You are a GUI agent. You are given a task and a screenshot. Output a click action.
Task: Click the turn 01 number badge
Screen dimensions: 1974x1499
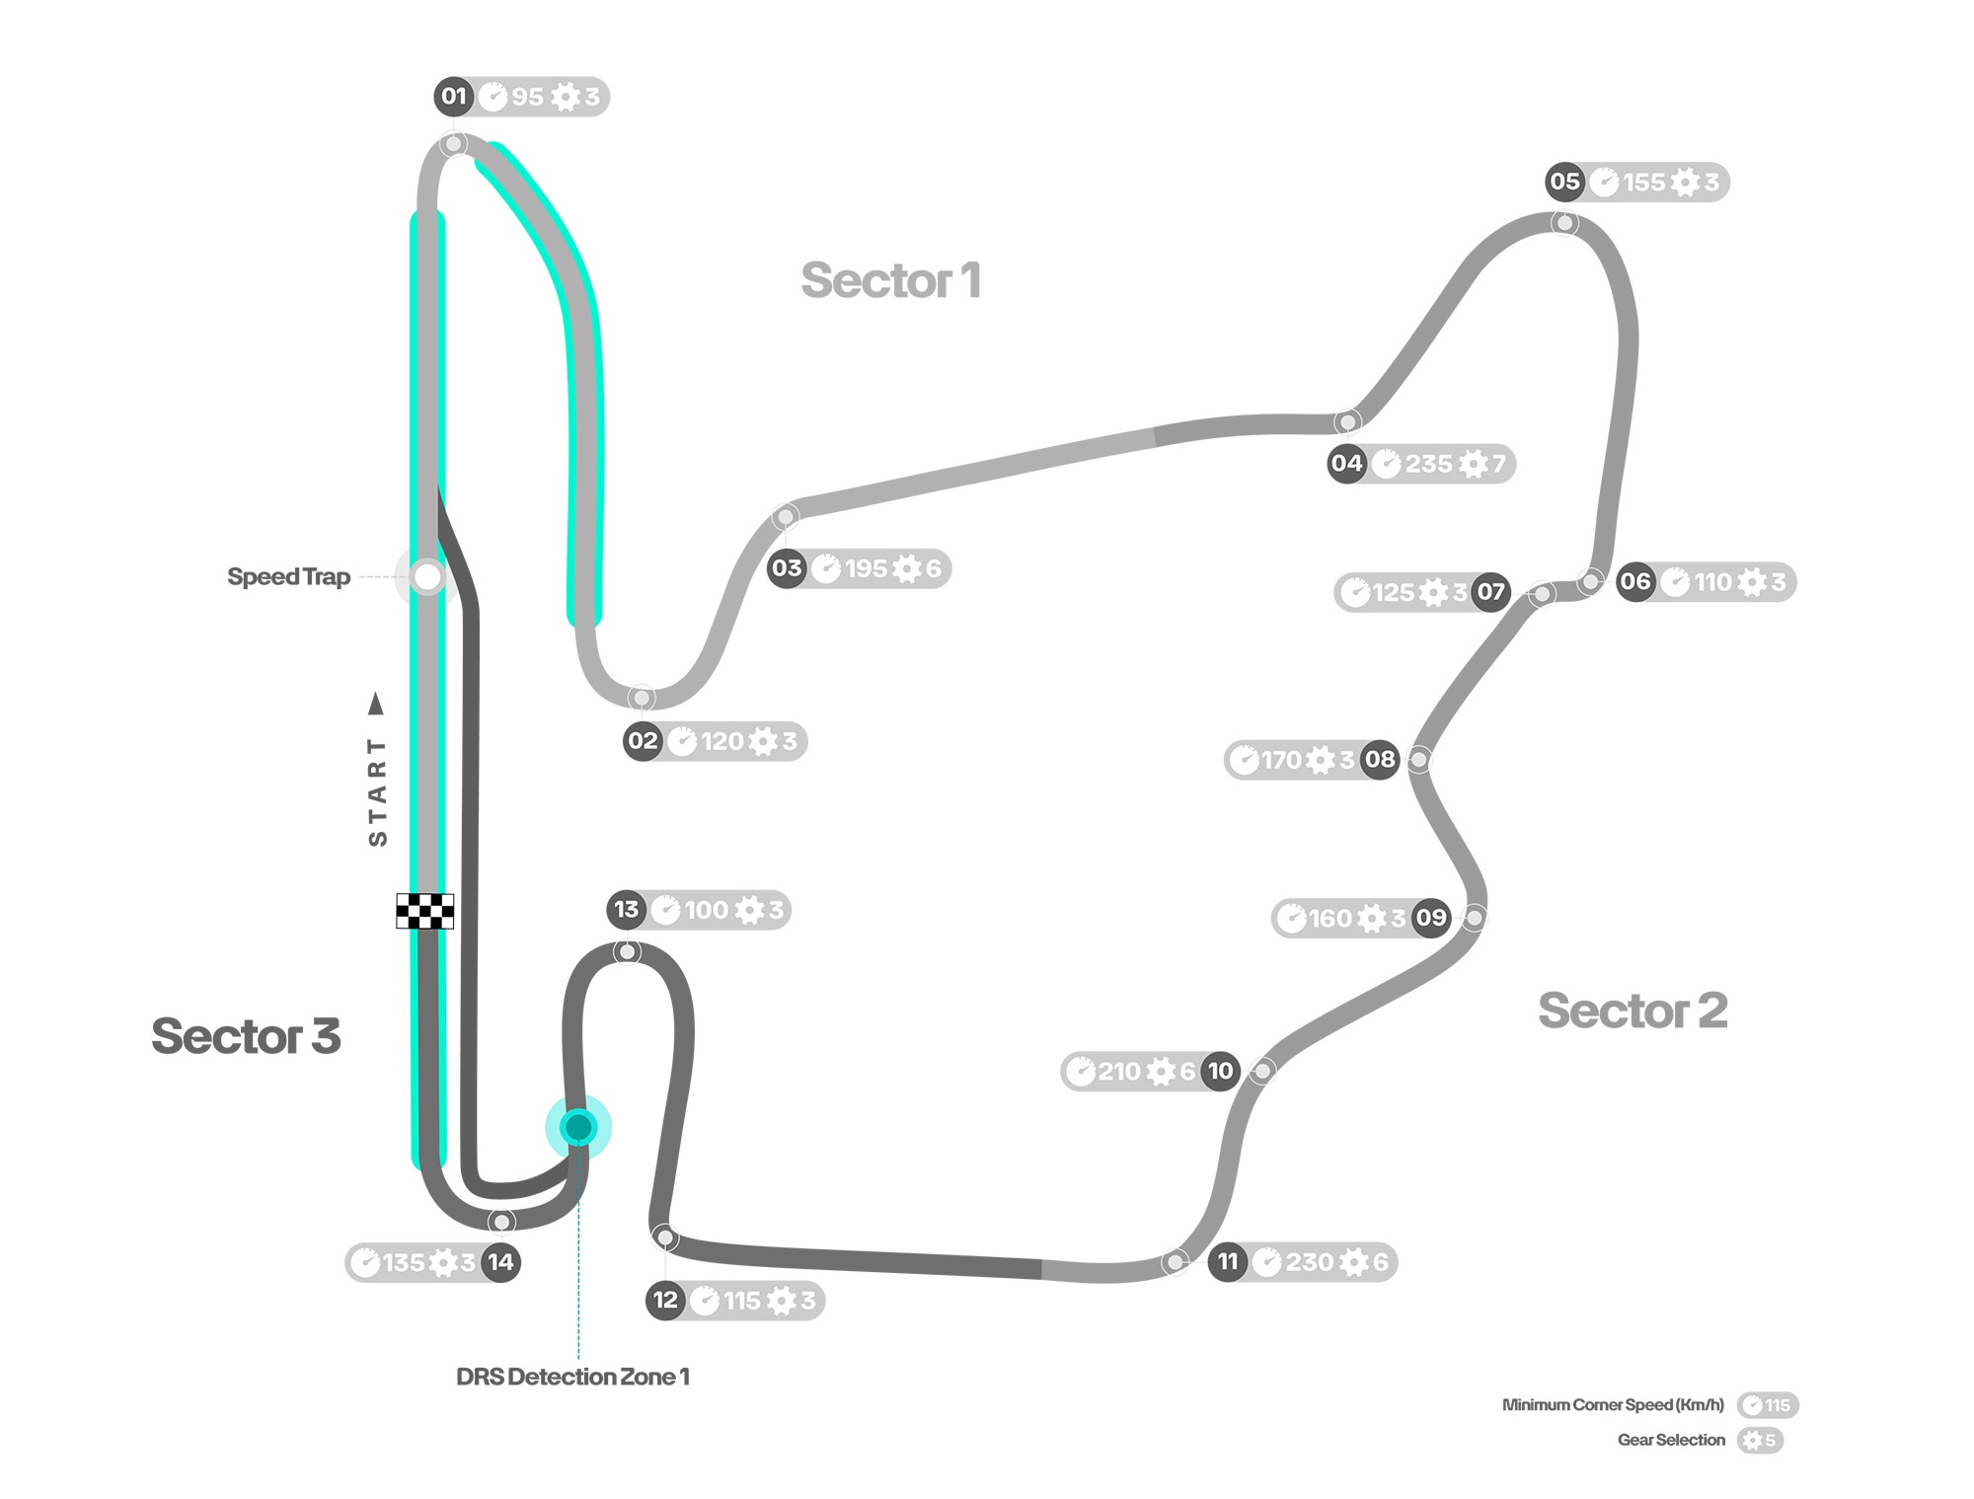[453, 96]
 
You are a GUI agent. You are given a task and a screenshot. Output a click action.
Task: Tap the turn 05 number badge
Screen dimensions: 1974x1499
[1564, 182]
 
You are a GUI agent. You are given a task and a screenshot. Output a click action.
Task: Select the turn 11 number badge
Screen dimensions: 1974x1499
[1228, 1261]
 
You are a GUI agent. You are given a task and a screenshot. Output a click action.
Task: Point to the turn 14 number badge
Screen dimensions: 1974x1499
[500, 1262]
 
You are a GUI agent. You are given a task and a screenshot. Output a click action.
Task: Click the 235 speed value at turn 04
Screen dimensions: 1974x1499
[1428, 464]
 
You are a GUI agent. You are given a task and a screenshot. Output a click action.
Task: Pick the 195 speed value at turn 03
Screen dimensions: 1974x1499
[866, 568]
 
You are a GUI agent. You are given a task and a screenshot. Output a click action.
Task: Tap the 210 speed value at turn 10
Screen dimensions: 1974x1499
[1119, 1072]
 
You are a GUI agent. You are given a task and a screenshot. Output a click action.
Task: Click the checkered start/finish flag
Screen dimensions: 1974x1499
[425, 911]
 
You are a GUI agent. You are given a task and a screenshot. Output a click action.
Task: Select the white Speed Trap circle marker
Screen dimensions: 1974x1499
[427, 576]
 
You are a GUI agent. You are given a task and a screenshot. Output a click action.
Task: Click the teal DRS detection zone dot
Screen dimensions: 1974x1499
[578, 1127]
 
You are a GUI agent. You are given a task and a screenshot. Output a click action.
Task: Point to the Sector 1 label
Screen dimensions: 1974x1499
[891, 281]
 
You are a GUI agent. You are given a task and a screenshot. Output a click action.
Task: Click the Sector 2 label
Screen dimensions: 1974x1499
[1632, 1011]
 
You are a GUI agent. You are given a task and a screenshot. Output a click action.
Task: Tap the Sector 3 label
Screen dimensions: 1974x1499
[246, 1036]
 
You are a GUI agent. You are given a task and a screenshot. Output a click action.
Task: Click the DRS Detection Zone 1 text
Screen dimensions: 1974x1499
[572, 1377]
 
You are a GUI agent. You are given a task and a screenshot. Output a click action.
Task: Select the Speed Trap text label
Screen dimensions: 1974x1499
[288, 577]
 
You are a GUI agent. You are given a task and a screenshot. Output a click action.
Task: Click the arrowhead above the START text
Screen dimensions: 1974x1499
[376, 704]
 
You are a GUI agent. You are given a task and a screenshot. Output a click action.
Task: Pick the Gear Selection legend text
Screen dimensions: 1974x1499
[1671, 1440]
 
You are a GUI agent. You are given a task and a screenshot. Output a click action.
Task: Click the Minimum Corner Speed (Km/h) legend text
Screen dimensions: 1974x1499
[1613, 1404]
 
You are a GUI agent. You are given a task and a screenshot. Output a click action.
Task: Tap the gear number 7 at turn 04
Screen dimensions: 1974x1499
[1498, 464]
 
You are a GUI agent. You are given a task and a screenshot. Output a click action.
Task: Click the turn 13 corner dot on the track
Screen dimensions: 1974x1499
[627, 952]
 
